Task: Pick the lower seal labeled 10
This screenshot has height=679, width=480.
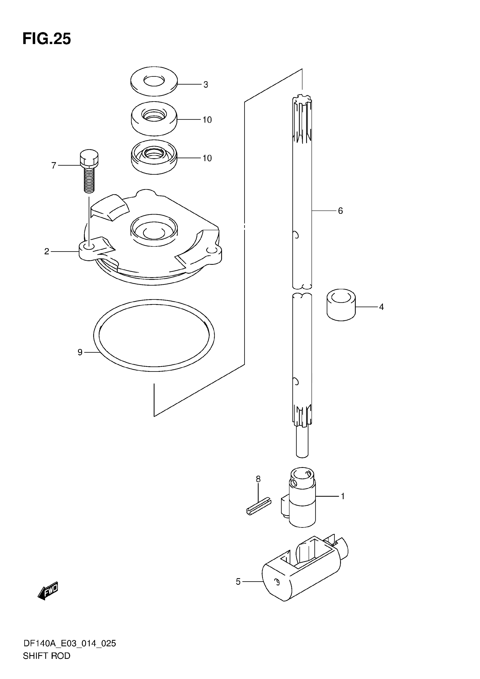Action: (154, 158)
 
